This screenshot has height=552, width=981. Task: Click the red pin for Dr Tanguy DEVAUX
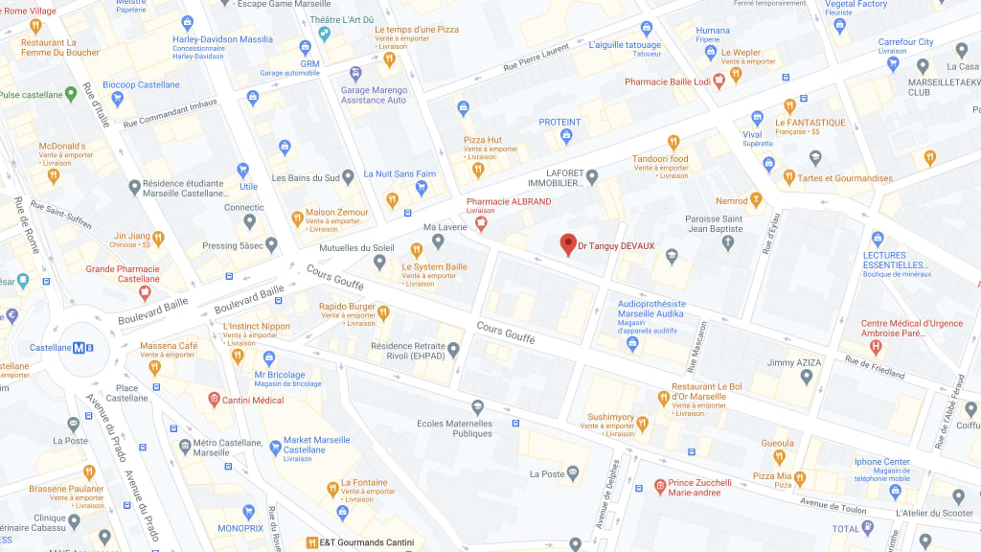[x=567, y=244]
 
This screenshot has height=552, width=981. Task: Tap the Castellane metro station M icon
[x=78, y=347]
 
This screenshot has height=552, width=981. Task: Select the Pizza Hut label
[x=482, y=140]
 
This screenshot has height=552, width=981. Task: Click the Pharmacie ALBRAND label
[x=508, y=201]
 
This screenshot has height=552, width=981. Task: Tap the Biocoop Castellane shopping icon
[x=118, y=98]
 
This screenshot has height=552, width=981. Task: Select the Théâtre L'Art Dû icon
[x=326, y=34]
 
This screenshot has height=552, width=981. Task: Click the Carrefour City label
[x=905, y=42]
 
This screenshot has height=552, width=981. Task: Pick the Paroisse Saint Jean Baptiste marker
[x=727, y=243]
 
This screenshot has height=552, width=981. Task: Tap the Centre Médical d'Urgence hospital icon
[x=875, y=346]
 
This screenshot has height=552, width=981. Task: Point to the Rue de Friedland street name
[x=874, y=366]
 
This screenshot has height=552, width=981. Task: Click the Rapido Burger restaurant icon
[x=383, y=311]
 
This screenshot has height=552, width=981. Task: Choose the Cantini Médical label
[x=255, y=400]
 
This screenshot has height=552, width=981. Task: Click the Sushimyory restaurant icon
[x=642, y=423]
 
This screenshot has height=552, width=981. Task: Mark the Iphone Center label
[x=882, y=462]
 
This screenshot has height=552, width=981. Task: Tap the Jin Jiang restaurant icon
[x=160, y=236]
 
